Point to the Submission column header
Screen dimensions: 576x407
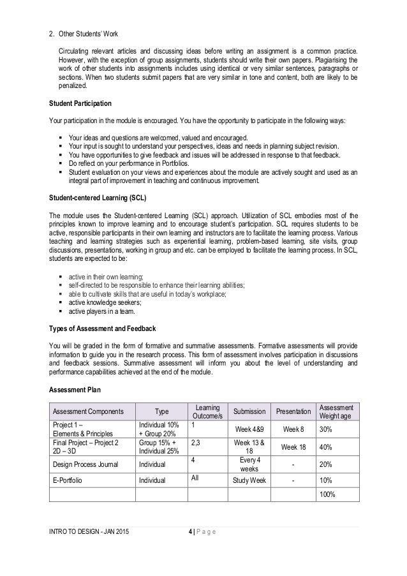pyautogui.click(x=249, y=411)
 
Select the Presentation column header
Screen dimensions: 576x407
pyautogui.click(x=293, y=411)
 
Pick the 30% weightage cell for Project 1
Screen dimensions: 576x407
pyautogui.click(x=327, y=429)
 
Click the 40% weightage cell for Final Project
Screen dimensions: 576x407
pyautogui.click(x=327, y=447)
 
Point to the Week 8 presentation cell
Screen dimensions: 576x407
pyautogui.click(x=293, y=429)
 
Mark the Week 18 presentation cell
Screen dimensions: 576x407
pyautogui.click(x=293, y=447)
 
